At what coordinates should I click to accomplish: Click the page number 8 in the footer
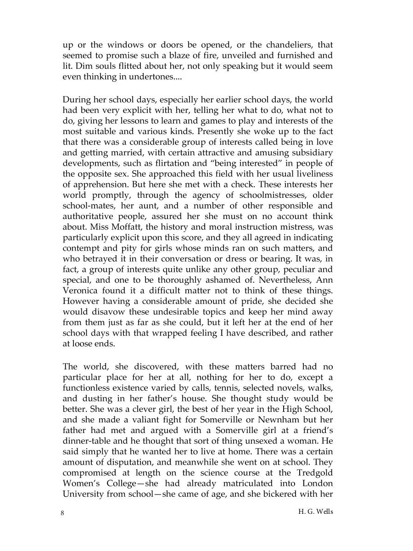62,513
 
